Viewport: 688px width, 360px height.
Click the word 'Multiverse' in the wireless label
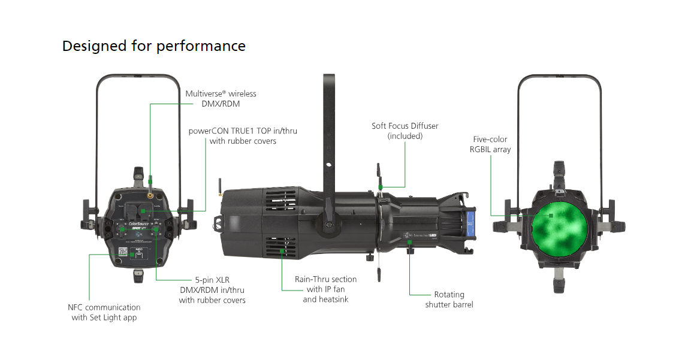204,94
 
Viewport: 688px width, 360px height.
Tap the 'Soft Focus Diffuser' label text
405,126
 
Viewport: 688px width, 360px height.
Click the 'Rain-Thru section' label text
325,279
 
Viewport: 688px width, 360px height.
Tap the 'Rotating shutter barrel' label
449,300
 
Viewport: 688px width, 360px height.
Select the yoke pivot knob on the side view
328,225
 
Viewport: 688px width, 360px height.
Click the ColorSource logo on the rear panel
139,223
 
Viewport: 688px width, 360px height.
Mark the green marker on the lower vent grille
280,250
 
